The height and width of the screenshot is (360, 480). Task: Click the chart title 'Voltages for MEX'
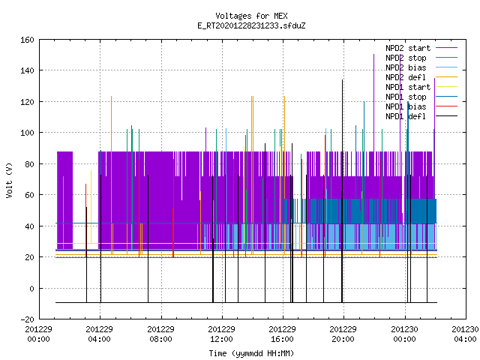pos(251,16)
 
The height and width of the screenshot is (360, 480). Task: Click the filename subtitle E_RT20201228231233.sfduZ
pos(251,25)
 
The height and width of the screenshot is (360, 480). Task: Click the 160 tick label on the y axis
pos(27,40)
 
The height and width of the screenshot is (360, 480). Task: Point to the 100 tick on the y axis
pos(27,133)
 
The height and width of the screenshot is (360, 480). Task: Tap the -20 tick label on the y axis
pos(27,319)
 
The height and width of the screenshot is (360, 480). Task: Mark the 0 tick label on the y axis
pos(31,288)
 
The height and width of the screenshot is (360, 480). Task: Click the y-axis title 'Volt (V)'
pos(9,180)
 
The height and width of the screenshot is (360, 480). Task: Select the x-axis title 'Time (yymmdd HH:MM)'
pos(251,353)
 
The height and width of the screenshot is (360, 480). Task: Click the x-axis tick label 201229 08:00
pos(160,334)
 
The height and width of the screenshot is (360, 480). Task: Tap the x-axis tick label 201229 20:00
pos(343,334)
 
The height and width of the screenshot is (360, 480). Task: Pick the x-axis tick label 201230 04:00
pos(465,334)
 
